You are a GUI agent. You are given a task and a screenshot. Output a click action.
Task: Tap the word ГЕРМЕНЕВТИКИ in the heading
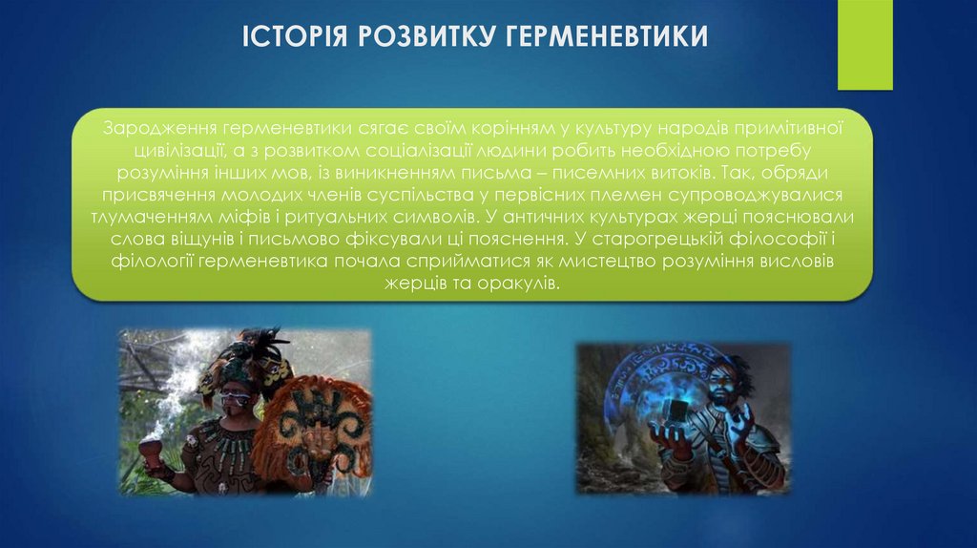pos(611,38)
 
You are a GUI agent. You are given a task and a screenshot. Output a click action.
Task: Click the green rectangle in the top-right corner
pos(864,45)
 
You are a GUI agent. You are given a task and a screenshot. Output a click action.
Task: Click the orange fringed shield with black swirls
pos(316,425)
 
